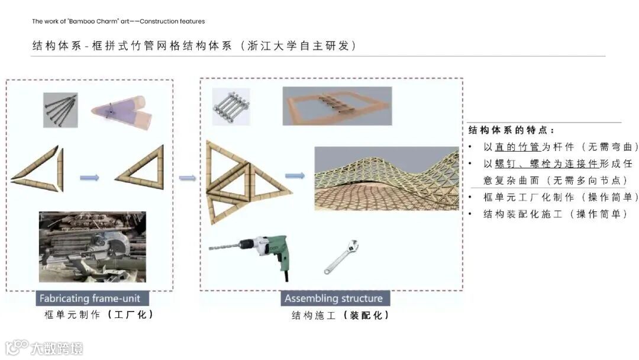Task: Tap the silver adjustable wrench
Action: tap(341, 257)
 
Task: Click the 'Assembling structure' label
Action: tap(334, 298)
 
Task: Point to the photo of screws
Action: tap(60, 110)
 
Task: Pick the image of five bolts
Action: tap(231, 107)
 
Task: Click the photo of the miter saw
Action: tap(92, 247)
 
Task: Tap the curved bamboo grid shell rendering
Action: tap(387, 179)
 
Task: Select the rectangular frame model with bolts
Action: tap(337, 106)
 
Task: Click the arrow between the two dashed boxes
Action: tap(187, 178)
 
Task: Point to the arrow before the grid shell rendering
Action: tap(295, 176)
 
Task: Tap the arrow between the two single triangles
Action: tap(90, 178)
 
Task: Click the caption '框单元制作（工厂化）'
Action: tap(99, 315)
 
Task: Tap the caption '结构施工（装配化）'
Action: tap(340, 315)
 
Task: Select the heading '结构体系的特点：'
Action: tap(511, 130)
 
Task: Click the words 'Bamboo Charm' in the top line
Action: tap(93, 21)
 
